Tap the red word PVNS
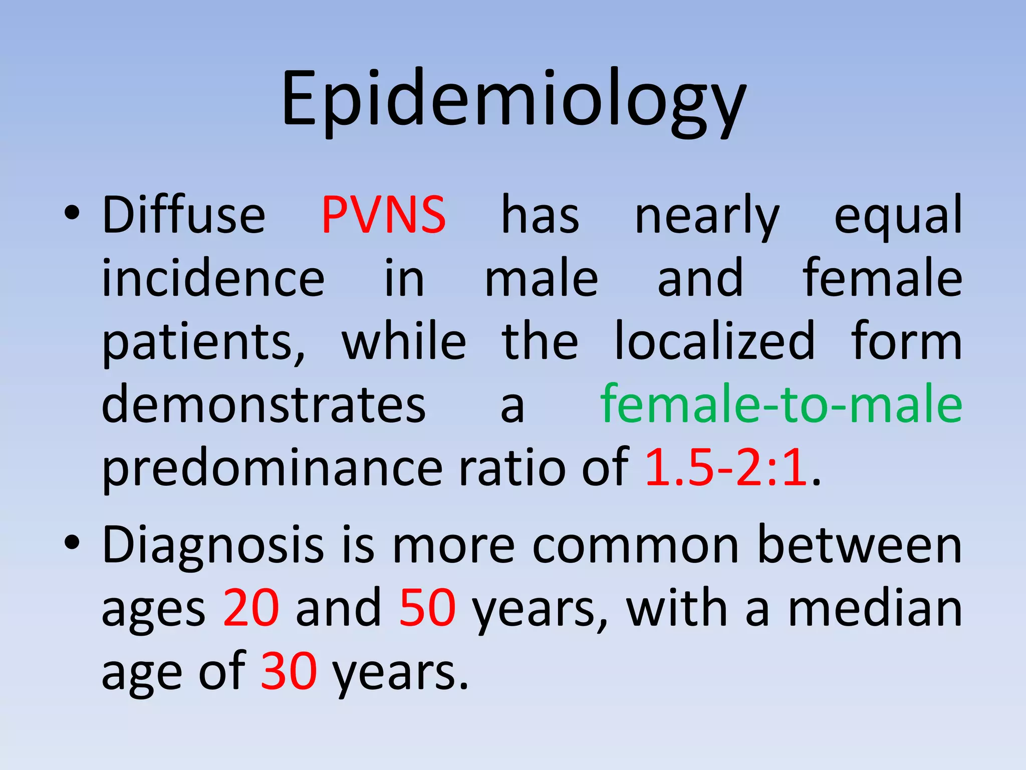[x=383, y=216]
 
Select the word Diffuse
[x=184, y=216]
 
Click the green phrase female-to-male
[x=781, y=404]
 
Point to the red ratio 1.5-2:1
[x=726, y=468]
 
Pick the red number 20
[x=251, y=608]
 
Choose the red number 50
[x=427, y=608]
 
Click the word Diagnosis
[x=213, y=546]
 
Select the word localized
[x=715, y=341]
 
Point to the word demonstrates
[x=264, y=404]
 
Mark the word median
[x=875, y=608]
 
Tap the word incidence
[x=213, y=279]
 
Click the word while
[x=404, y=341]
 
